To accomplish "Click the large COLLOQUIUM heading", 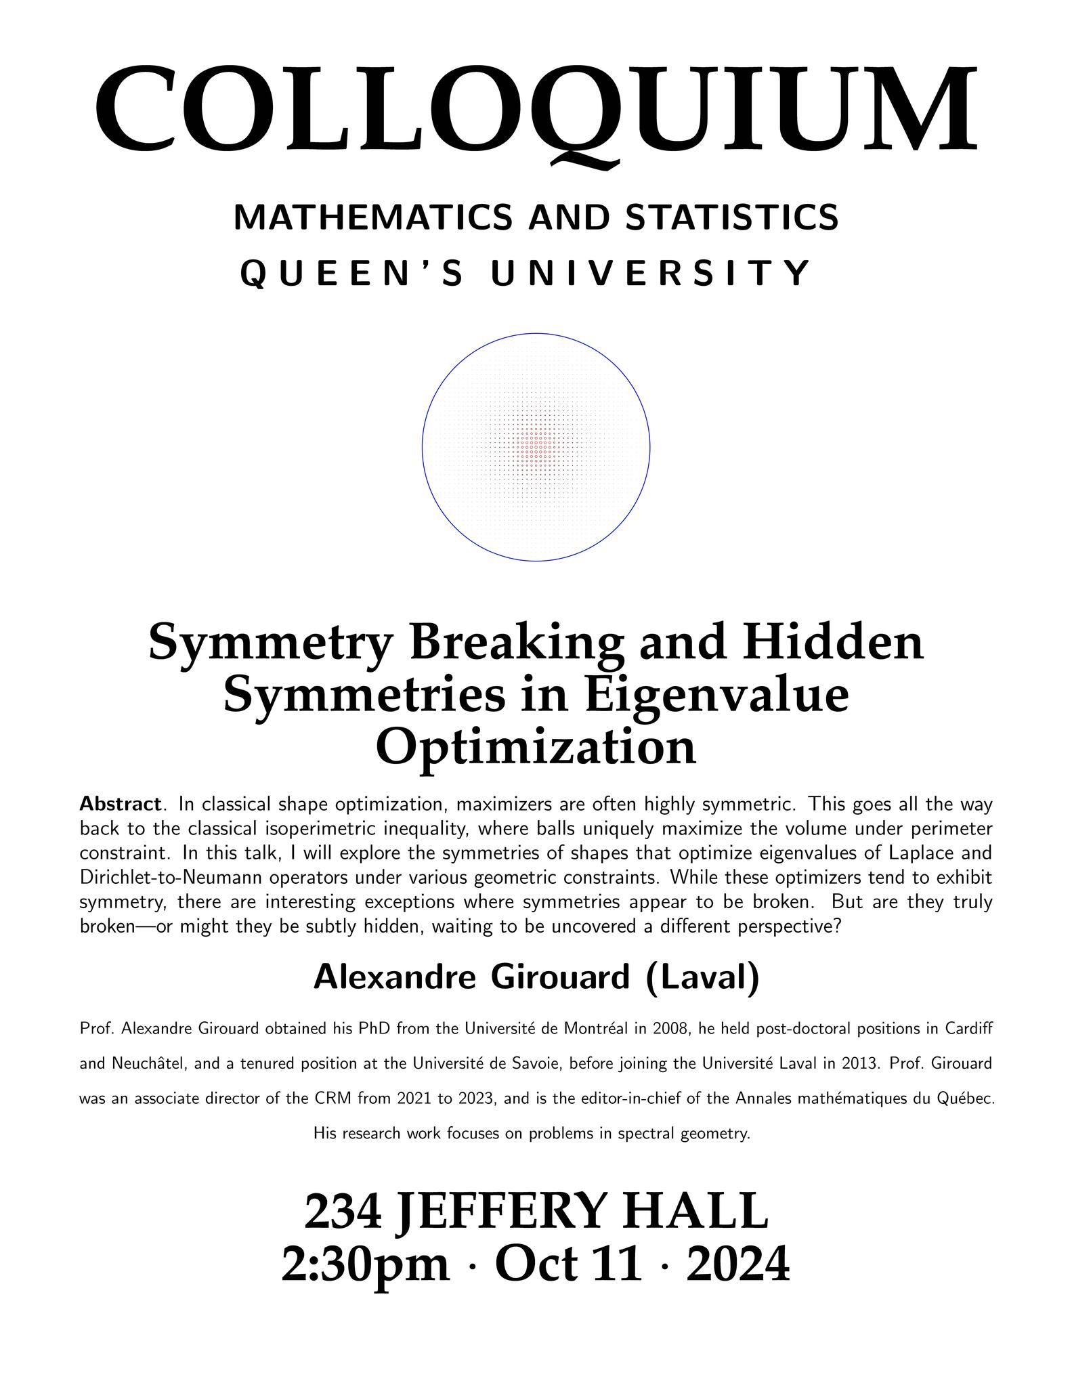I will pos(536,108).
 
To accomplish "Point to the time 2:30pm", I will pos(366,1264).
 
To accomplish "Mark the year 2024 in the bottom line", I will pos(738,1264).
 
